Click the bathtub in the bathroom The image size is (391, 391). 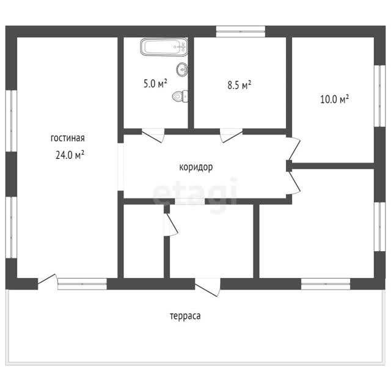coord(164,46)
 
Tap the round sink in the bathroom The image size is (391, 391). coord(182,69)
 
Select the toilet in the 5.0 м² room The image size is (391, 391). coord(180,97)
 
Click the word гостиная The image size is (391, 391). coord(68,138)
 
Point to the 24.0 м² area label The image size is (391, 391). coord(70,155)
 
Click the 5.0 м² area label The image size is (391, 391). coord(155,84)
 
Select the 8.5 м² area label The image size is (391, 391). coord(239,85)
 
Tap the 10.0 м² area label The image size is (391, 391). coord(334,99)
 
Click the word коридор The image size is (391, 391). coord(196,167)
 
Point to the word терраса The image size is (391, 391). coord(185,316)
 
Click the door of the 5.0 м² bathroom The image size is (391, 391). coord(153,136)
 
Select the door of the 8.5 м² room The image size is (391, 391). coord(231,136)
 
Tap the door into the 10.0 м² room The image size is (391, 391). coord(293,148)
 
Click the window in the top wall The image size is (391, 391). coord(240,32)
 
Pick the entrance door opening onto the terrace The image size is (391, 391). coord(208,287)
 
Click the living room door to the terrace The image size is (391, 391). coord(48,282)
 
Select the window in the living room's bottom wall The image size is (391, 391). coord(82,283)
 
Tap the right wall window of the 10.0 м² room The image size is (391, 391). coord(380,96)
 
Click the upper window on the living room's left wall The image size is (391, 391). coord(11,121)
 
